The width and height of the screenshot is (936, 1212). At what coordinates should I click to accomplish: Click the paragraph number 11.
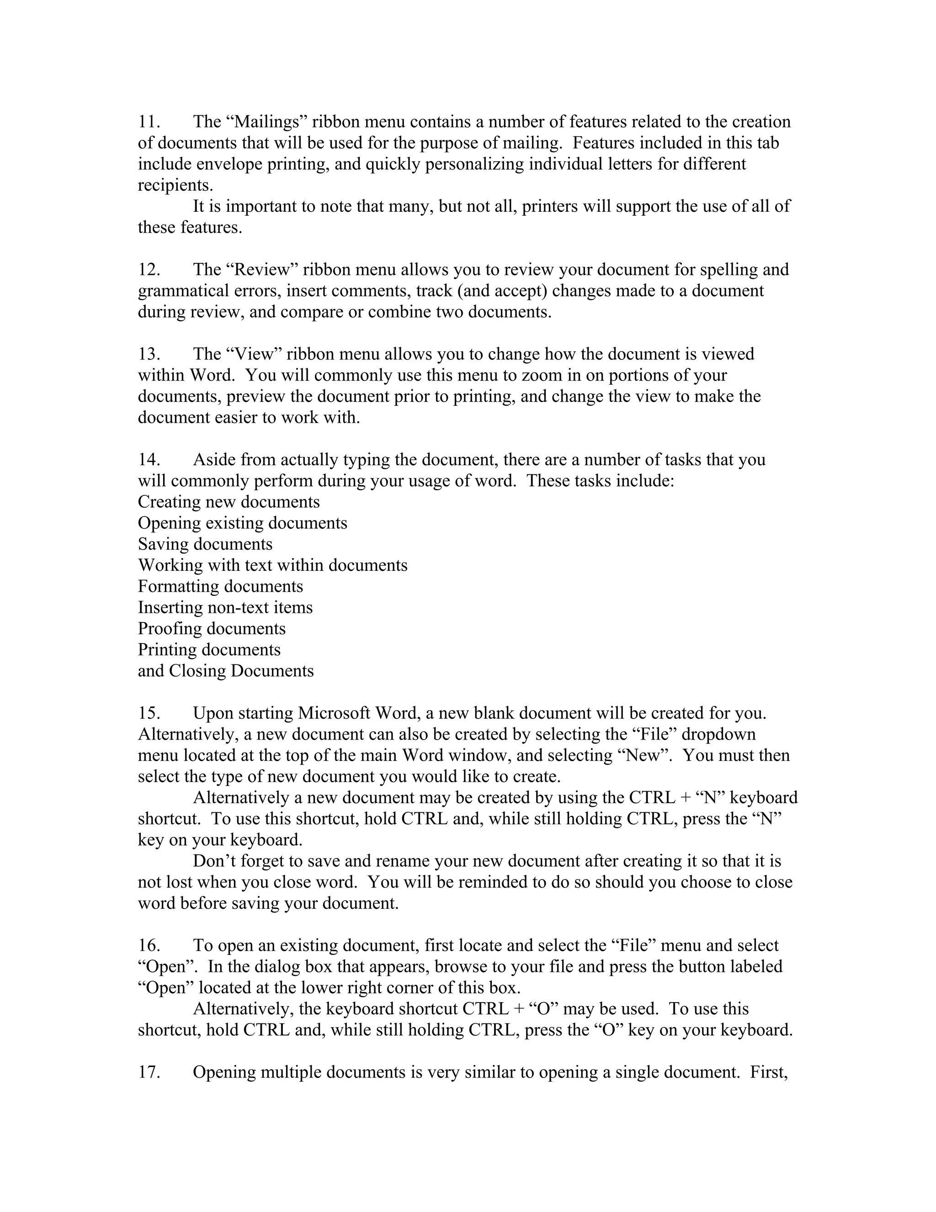pyautogui.click(x=149, y=122)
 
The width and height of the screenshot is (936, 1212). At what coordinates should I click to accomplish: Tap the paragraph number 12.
pyautogui.click(x=149, y=270)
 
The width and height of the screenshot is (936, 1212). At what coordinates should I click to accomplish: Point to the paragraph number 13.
pyautogui.click(x=149, y=354)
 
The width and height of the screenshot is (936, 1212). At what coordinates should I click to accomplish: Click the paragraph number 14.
pyautogui.click(x=149, y=460)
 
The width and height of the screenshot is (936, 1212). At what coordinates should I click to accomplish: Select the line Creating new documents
pyautogui.click(x=229, y=502)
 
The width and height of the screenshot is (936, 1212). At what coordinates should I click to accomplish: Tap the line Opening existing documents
pyautogui.click(x=242, y=523)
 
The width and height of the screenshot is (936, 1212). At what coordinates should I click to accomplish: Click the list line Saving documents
pyautogui.click(x=205, y=544)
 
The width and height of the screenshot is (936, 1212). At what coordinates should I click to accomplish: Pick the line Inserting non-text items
pyautogui.click(x=225, y=607)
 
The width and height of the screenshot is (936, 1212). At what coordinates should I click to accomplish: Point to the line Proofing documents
pyautogui.click(x=211, y=628)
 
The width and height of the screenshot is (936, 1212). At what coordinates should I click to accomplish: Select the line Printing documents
pyautogui.click(x=209, y=649)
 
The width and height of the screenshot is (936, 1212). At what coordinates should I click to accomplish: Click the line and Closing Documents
pyautogui.click(x=226, y=671)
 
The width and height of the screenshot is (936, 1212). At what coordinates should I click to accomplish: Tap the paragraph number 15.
pyautogui.click(x=149, y=713)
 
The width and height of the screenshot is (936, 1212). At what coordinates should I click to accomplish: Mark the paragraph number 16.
pyautogui.click(x=149, y=945)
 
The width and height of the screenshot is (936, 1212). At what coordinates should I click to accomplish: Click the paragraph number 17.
pyautogui.click(x=149, y=1072)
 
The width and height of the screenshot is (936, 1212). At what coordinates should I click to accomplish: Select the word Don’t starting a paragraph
pyautogui.click(x=216, y=861)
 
